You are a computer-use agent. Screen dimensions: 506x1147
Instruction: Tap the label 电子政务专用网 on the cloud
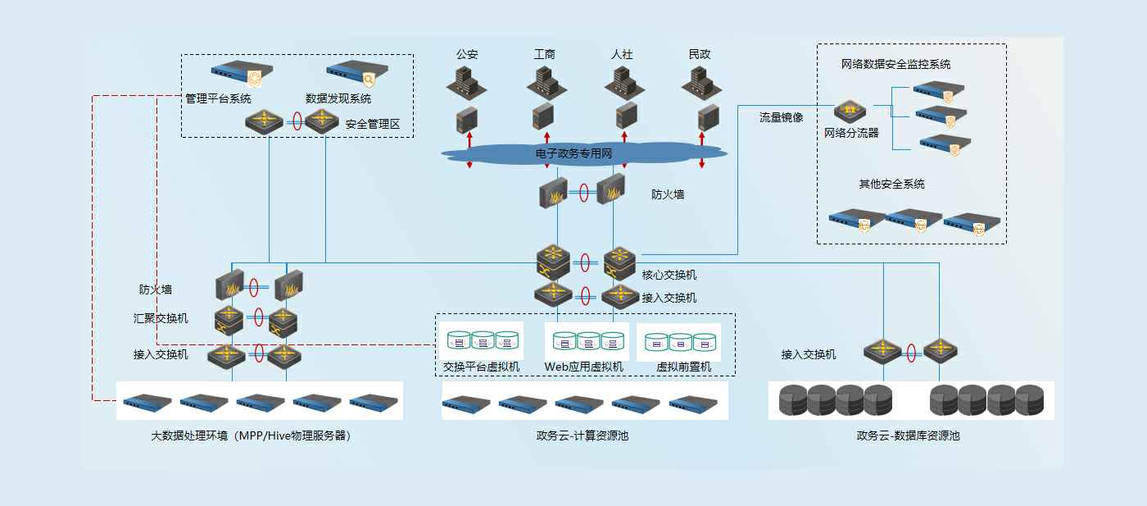pos(574,153)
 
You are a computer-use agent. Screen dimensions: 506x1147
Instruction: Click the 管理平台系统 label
pos(218,98)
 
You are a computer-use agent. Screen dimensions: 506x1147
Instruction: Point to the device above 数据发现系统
pos(356,75)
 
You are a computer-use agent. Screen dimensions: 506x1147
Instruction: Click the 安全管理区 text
pos(372,125)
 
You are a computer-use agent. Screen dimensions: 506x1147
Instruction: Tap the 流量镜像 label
pos(782,118)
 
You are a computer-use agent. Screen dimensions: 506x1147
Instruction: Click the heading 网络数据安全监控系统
pos(895,64)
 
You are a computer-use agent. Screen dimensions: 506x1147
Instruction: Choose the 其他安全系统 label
pos(891,185)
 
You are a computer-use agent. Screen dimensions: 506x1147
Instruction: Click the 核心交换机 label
pos(669,276)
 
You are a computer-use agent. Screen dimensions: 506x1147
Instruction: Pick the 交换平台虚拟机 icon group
pos(482,340)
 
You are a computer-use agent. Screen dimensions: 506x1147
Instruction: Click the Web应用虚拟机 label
pos(583,367)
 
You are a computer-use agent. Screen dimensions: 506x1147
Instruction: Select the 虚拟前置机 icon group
pos(680,342)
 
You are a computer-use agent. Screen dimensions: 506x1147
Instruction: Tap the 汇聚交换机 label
pos(161,318)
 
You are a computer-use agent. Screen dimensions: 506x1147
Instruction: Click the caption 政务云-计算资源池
pos(583,436)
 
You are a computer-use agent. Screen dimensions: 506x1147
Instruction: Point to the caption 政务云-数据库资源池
pos(908,436)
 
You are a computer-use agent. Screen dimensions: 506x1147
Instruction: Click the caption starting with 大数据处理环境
pos(251,436)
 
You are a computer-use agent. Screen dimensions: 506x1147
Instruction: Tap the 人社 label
pos(622,54)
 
